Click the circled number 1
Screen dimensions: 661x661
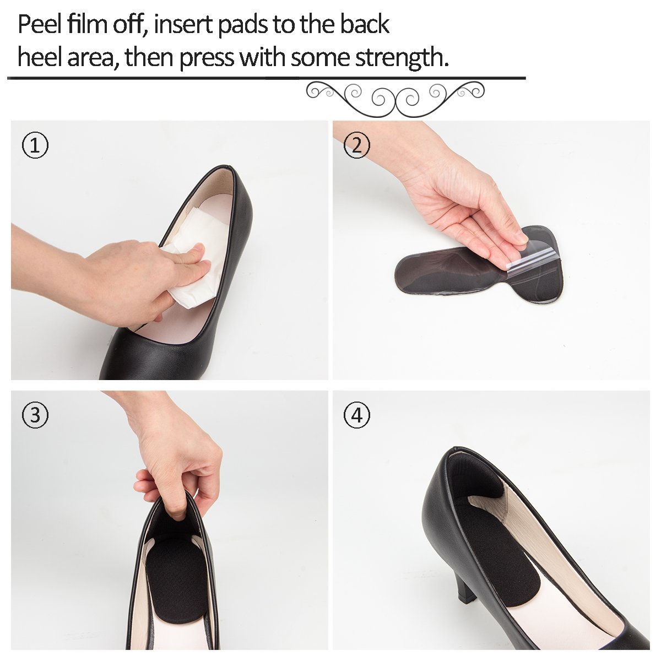(x=35, y=146)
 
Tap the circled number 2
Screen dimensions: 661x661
(x=357, y=146)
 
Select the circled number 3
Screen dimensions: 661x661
(x=35, y=415)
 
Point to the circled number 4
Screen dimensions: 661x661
(x=357, y=415)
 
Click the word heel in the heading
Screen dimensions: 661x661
(x=40, y=57)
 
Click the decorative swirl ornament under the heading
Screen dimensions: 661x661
(x=395, y=97)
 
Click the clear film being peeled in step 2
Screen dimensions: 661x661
(x=532, y=259)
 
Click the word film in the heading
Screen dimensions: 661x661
(x=90, y=25)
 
